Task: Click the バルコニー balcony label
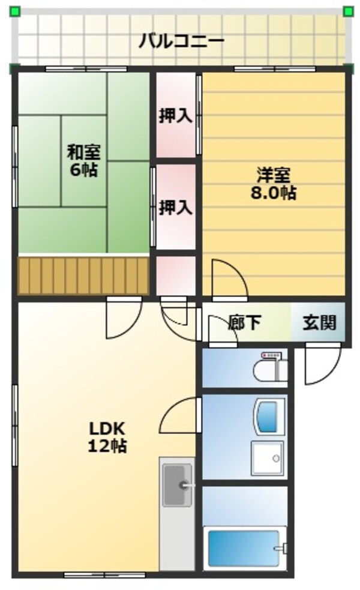[181, 41]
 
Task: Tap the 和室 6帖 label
[83, 160]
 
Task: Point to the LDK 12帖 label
[108, 437]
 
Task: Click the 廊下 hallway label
[245, 323]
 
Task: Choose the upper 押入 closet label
[175, 116]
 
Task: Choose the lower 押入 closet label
[175, 208]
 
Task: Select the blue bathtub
[244, 547]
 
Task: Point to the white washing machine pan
[267, 459]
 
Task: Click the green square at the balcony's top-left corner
[14, 11]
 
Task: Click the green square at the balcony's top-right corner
[348, 11]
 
